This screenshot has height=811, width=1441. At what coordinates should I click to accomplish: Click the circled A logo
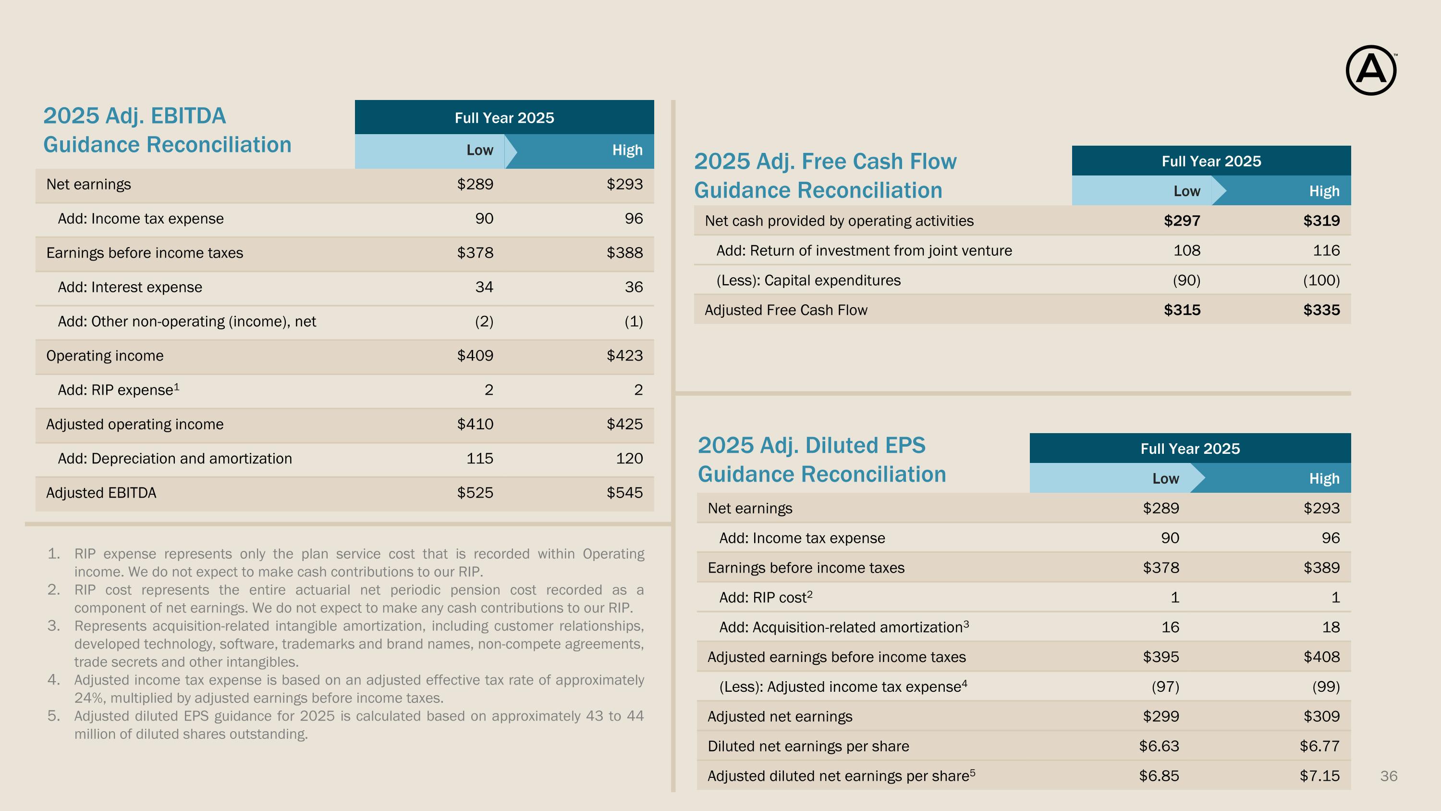[1370, 70]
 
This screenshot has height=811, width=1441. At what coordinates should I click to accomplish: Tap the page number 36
[1389, 776]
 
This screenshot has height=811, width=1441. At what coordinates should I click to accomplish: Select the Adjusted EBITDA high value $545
[624, 493]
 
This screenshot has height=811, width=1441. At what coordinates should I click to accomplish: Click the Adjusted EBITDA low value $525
[475, 493]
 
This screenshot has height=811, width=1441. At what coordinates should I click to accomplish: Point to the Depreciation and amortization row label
[174, 459]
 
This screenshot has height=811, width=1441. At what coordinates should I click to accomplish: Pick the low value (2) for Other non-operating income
[484, 321]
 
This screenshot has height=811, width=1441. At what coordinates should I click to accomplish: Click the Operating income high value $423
[624, 355]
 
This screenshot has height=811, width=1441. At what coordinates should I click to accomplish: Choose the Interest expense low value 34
[484, 287]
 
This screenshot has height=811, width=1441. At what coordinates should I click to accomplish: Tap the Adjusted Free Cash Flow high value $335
[1321, 310]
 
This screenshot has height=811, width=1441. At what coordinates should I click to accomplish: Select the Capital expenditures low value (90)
[1186, 280]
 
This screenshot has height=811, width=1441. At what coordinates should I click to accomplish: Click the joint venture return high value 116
[1326, 250]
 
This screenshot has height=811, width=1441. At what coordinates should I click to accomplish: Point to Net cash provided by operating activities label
[839, 221]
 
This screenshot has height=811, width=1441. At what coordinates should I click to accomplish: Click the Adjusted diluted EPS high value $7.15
[1319, 776]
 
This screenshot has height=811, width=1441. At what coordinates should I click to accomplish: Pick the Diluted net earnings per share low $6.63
[1159, 746]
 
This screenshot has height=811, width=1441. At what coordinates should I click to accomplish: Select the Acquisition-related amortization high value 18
[1331, 627]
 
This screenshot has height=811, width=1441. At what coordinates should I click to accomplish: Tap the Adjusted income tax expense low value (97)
[1165, 687]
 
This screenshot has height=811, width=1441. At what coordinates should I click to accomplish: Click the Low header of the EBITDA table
[480, 150]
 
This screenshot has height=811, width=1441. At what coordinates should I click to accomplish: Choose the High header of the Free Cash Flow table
[1324, 191]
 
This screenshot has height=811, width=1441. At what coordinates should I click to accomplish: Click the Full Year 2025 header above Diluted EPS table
[1190, 449]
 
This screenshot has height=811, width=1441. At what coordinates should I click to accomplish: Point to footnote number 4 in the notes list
[54, 680]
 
